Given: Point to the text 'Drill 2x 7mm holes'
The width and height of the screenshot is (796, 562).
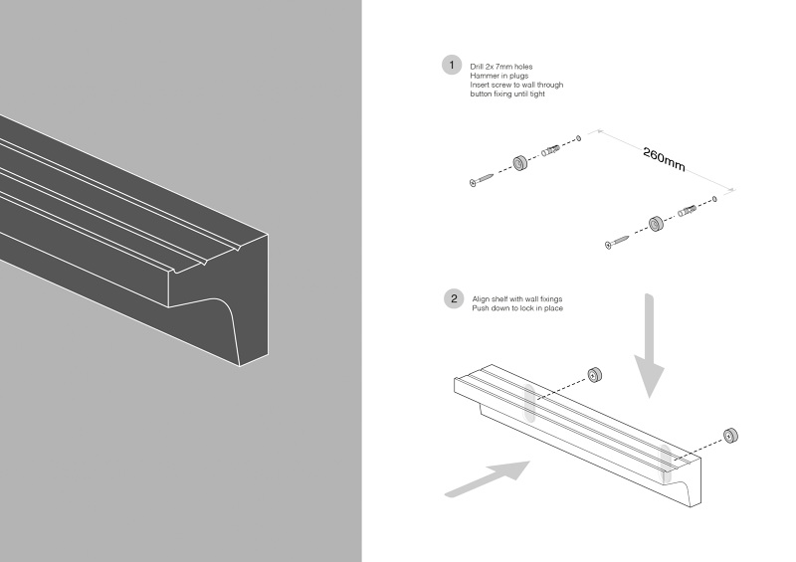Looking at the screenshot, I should coord(502,66).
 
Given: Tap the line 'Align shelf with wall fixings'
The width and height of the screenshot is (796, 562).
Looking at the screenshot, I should coord(519,298).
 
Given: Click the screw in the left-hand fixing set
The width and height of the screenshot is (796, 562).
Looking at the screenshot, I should coord(484,178).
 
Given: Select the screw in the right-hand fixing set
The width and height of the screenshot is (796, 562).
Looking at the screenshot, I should coord(620,239).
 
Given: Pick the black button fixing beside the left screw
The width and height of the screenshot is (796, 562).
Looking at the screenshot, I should coord(518,164).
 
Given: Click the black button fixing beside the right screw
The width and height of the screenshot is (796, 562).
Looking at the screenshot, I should coord(656,223).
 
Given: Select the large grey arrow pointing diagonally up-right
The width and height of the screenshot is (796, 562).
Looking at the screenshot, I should coord(487,475).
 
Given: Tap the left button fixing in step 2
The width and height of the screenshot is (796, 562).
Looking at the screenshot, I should coord(594,374).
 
